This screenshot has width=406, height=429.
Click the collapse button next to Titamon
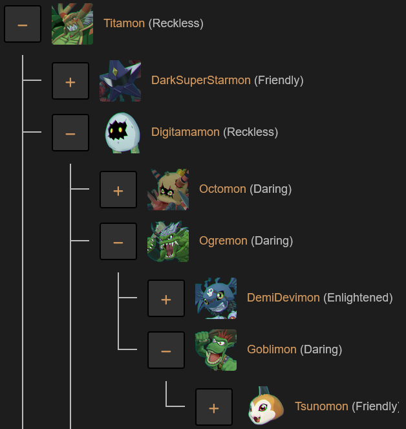(23, 24)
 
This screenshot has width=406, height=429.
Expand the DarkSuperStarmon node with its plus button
(70, 81)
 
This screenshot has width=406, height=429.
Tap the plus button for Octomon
(118, 190)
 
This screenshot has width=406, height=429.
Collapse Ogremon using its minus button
(118, 241)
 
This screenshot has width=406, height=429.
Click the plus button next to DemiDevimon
(166, 298)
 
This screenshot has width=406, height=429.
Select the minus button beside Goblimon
(166, 350)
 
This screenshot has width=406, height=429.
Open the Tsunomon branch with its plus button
(214, 407)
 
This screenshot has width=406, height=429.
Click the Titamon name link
(124, 24)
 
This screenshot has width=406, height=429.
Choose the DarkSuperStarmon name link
(200, 81)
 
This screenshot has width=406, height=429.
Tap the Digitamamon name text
(185, 133)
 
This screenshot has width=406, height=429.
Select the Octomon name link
(222, 190)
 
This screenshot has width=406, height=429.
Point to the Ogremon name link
(223, 241)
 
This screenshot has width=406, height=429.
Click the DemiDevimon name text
(283, 298)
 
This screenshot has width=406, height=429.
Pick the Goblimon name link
(272, 350)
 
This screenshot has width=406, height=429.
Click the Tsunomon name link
(321, 407)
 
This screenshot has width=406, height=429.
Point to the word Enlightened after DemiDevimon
(358, 298)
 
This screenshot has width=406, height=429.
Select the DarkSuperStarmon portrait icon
(120, 81)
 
